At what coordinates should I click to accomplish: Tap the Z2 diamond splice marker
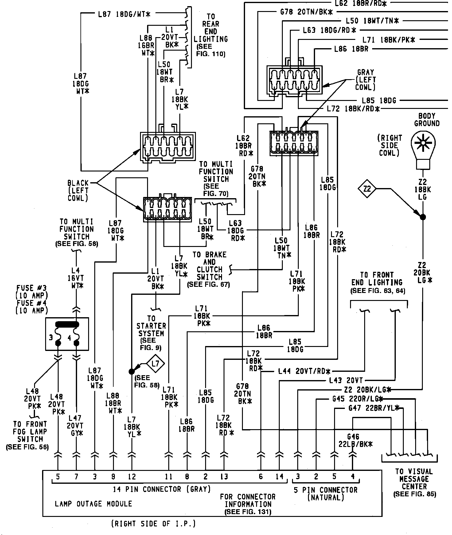[x=367, y=189]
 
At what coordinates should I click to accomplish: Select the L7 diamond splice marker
[x=156, y=364]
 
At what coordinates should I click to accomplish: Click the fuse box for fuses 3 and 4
[x=67, y=334]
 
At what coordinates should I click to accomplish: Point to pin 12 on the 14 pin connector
[x=132, y=476]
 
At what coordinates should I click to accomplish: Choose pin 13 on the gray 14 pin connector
[x=224, y=476]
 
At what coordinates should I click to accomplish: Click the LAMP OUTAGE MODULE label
[x=93, y=504]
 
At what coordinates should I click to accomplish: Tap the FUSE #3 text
[x=29, y=288]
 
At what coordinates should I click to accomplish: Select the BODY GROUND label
[x=427, y=120]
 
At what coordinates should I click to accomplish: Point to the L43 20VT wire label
[x=346, y=381]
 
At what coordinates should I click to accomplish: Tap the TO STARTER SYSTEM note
[x=151, y=333]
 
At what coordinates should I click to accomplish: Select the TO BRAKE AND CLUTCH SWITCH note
[x=209, y=269]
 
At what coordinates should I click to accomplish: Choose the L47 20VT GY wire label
[x=76, y=426]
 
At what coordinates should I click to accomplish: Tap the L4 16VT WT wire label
[x=76, y=278]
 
